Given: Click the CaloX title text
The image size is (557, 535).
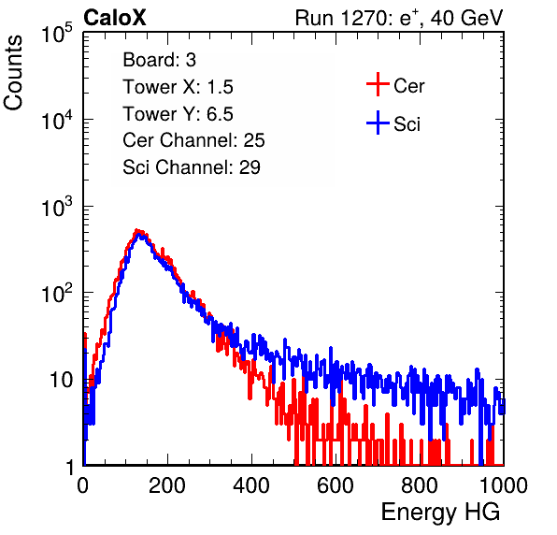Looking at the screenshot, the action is click(x=114, y=18).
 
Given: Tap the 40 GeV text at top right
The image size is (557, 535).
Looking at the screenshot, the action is click(x=466, y=18).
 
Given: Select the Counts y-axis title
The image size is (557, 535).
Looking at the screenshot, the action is click(x=13, y=73).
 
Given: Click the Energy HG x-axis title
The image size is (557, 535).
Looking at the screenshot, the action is click(x=440, y=513).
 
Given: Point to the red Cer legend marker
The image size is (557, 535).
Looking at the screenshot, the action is click(x=378, y=84).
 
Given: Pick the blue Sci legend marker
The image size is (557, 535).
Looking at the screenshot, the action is click(x=378, y=123).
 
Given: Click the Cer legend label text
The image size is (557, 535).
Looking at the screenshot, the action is click(x=408, y=86).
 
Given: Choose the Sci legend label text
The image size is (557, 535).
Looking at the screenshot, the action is click(x=407, y=124).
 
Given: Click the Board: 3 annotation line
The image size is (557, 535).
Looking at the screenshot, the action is click(x=159, y=60).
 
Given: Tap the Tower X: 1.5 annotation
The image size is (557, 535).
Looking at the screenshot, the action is click(x=178, y=87).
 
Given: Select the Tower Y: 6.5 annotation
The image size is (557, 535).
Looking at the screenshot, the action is click(x=178, y=114).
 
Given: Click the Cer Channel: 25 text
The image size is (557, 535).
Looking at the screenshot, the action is click(x=193, y=140).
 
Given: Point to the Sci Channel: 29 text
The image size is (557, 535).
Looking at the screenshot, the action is click(x=192, y=167).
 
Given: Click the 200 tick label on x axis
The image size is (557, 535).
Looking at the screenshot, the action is click(x=167, y=485).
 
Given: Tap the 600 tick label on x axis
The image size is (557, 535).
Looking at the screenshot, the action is click(x=336, y=485).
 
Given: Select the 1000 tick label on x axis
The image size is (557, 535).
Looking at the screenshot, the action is click(x=504, y=485).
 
